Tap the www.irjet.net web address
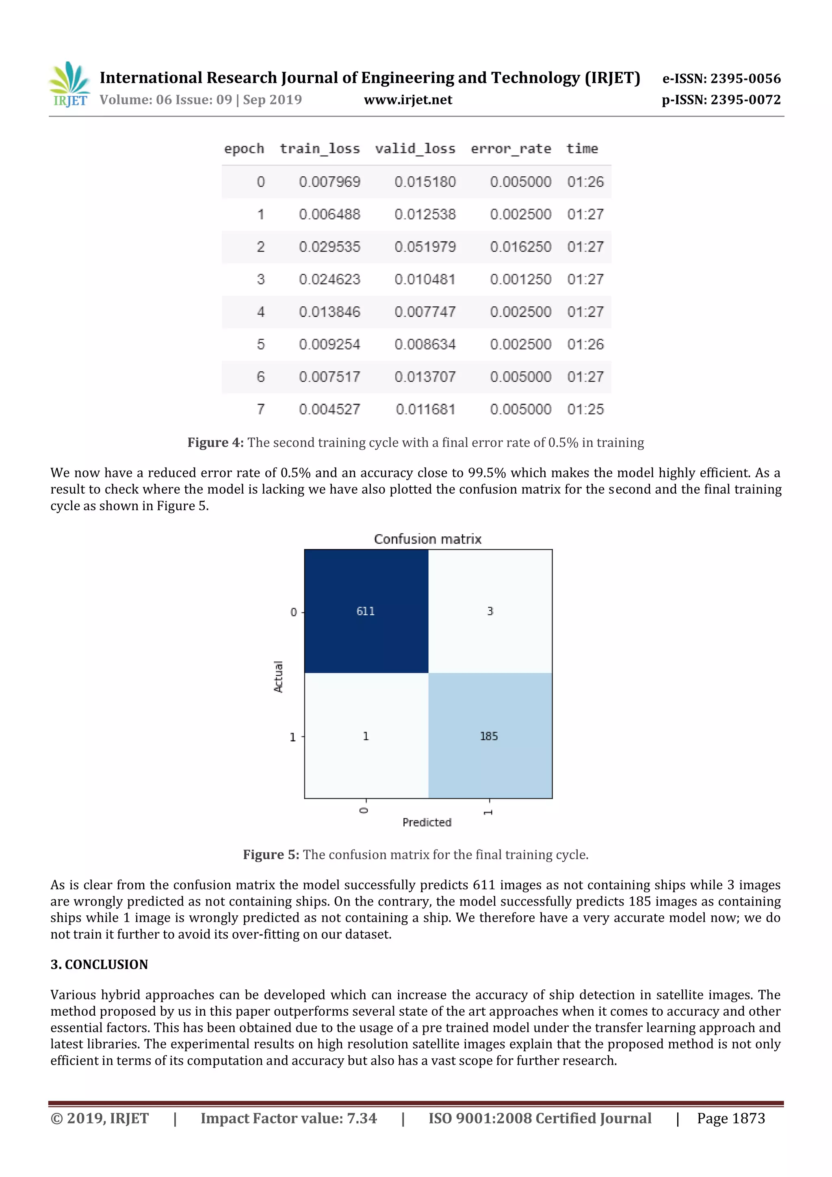point(407,100)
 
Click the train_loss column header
point(319,149)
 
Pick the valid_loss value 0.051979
point(425,247)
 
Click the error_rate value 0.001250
point(520,280)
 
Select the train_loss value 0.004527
point(329,409)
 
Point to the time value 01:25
point(585,409)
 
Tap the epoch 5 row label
point(261,345)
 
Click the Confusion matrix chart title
point(427,539)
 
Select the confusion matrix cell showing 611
point(366,611)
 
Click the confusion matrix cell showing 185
point(490,736)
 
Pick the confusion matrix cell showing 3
point(490,611)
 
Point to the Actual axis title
point(278,677)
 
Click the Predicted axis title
point(427,822)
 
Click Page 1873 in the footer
point(730,1118)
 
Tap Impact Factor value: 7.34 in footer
point(288,1118)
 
